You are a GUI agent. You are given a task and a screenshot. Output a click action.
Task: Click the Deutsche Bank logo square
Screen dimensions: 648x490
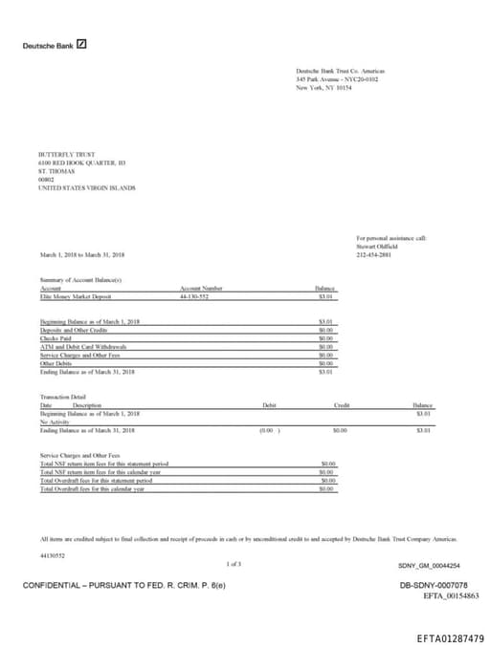[81, 44]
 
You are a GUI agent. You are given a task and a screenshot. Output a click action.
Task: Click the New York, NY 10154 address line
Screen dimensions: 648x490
[323, 87]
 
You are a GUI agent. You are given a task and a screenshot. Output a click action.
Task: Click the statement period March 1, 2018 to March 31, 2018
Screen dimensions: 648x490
[82, 255]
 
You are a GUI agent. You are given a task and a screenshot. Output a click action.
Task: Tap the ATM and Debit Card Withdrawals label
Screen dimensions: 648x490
[84, 346]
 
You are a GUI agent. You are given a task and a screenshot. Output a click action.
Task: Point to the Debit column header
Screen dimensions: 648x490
[269, 405]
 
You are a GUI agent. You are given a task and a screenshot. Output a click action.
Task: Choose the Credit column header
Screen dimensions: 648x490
[342, 405]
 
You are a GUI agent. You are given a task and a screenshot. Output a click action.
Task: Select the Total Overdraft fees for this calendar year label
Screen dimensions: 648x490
[93, 488]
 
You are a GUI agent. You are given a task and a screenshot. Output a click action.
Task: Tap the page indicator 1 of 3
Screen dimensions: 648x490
[234, 565]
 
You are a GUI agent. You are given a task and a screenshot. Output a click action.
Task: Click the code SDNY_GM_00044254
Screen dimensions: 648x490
[428, 566]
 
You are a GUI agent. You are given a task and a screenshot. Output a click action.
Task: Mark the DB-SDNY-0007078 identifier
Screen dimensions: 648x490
[434, 584]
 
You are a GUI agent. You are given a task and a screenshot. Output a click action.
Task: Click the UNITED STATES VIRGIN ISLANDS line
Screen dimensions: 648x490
[86, 188]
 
